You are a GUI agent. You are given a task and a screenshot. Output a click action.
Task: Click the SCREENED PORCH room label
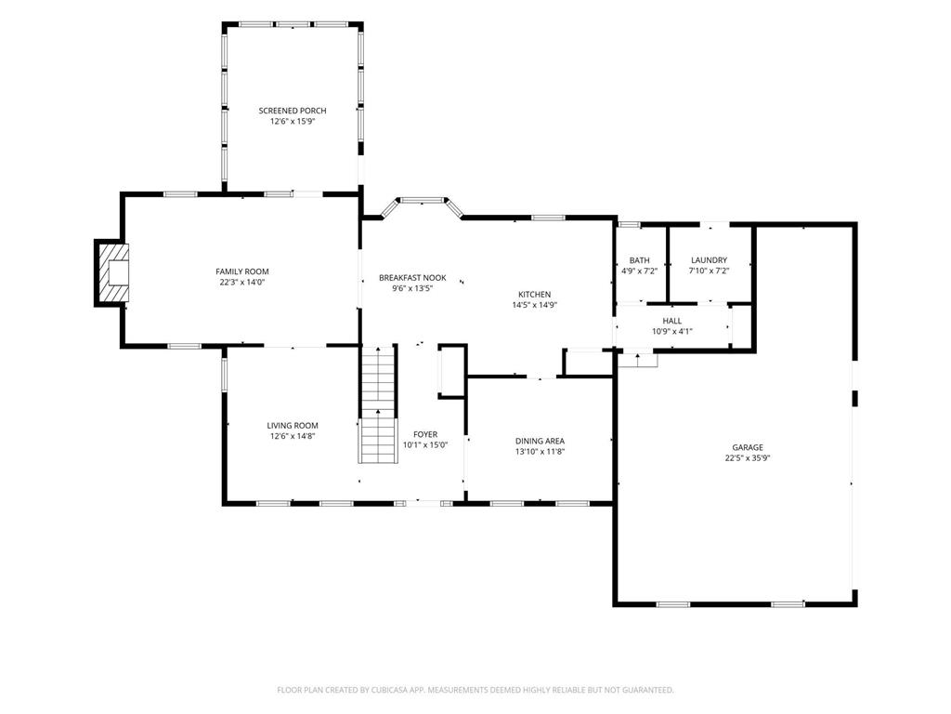pyautogui.click(x=293, y=111)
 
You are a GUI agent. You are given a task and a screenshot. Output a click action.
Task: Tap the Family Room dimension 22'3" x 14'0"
pyautogui.click(x=242, y=283)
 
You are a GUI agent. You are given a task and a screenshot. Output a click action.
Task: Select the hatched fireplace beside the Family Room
pyautogui.click(x=112, y=272)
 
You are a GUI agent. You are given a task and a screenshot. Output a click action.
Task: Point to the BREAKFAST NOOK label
pyautogui.click(x=412, y=277)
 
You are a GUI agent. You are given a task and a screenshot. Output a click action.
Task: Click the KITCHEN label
pyautogui.click(x=534, y=295)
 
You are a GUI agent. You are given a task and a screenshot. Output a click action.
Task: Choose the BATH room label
pyautogui.click(x=639, y=260)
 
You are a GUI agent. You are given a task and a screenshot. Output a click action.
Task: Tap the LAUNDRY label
pyautogui.click(x=709, y=260)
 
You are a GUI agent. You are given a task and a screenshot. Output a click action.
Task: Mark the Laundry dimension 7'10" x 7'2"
pyautogui.click(x=709, y=271)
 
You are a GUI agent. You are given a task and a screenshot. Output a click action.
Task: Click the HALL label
pyautogui.click(x=672, y=321)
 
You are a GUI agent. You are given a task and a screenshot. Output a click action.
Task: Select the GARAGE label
pyautogui.click(x=748, y=447)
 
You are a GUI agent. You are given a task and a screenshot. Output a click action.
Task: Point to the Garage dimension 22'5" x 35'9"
pyautogui.click(x=748, y=458)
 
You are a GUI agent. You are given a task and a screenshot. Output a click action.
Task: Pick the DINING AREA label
pyautogui.click(x=540, y=441)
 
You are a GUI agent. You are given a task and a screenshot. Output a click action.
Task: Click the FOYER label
pyautogui.click(x=425, y=434)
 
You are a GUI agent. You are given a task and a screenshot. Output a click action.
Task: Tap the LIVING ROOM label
pyautogui.click(x=293, y=426)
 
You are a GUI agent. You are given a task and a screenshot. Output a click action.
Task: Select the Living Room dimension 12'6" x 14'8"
pyautogui.click(x=293, y=437)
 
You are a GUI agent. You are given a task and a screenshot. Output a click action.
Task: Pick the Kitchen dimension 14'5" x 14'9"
pyautogui.click(x=534, y=305)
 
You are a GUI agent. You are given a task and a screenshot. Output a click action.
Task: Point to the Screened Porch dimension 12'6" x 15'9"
pyautogui.click(x=293, y=122)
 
